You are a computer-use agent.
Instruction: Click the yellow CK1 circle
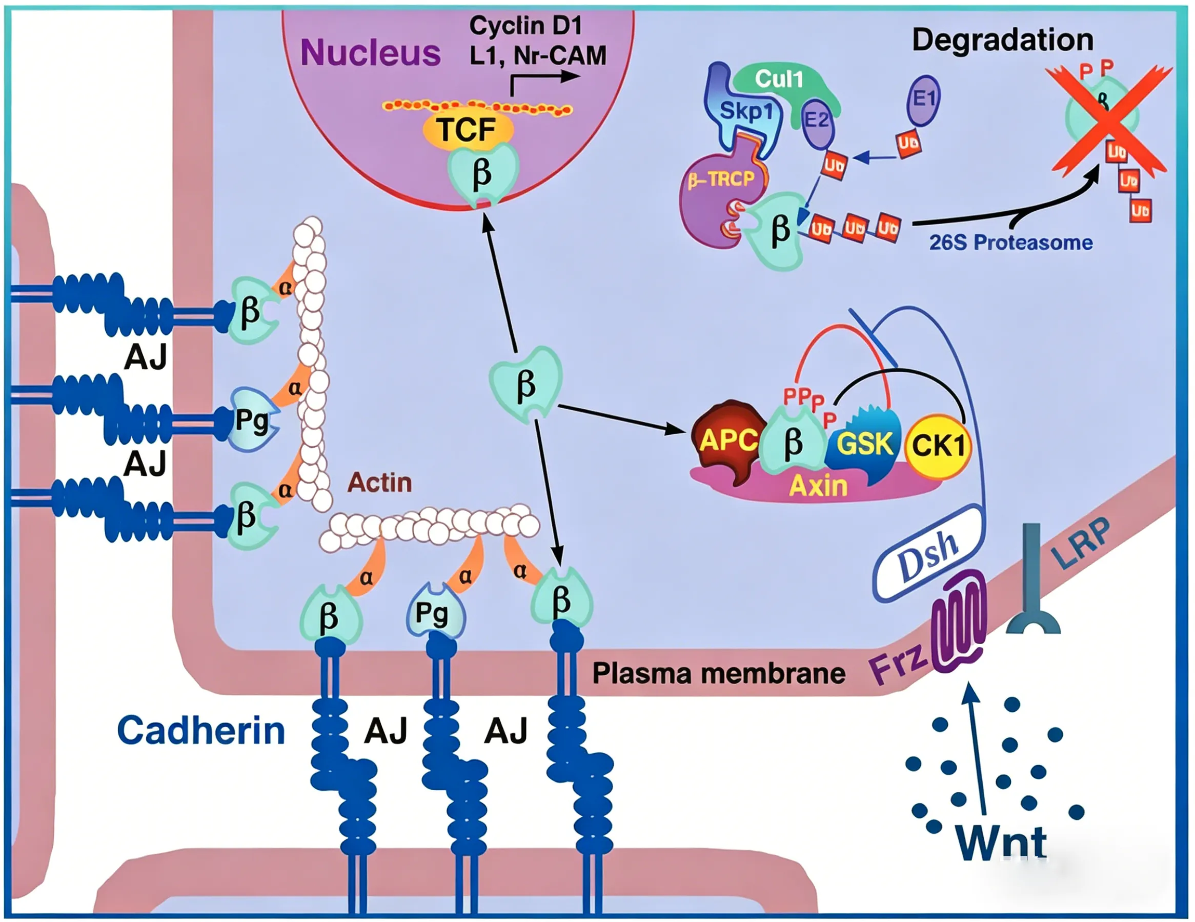[x=938, y=446]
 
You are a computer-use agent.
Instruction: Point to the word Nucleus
[x=371, y=53]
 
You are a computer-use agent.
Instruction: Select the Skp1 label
[x=745, y=112]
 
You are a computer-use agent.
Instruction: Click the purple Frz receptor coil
[x=959, y=621]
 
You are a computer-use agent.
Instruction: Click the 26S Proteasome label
[x=1011, y=243]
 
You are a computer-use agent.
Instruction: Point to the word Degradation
[x=1002, y=40]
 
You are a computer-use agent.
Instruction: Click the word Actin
[x=380, y=483]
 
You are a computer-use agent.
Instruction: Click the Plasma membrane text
[x=718, y=673]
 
